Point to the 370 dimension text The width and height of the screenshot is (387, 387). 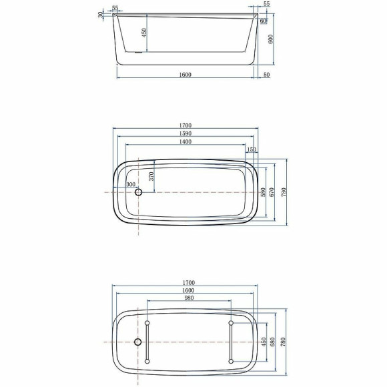[x=151, y=176]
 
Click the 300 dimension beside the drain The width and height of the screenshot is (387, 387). [x=130, y=184]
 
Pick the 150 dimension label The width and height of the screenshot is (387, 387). [x=252, y=151]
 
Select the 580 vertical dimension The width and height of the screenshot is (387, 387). [x=264, y=191]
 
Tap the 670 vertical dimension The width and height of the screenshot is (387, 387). [x=272, y=191]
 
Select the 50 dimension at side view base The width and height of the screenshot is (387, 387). [x=267, y=75]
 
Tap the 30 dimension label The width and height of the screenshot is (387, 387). [x=101, y=14]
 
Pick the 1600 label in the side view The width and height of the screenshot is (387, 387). [x=185, y=75]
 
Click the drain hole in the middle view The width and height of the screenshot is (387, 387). [x=139, y=192]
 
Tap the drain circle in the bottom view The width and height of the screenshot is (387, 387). [x=139, y=342]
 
